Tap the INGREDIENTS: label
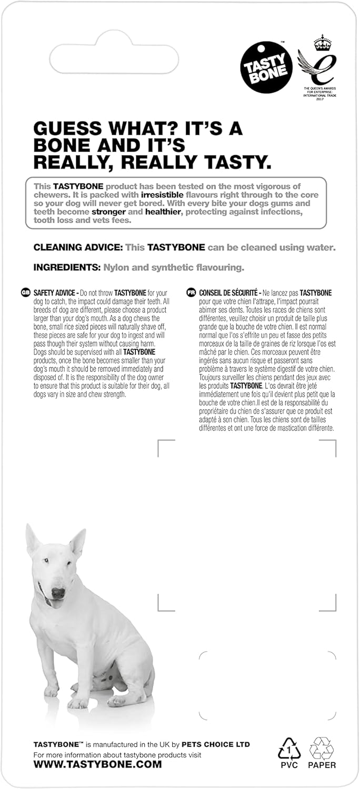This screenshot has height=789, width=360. [x=66, y=267]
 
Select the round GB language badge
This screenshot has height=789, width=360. [x=26, y=292]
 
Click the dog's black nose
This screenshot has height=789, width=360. [x=58, y=593]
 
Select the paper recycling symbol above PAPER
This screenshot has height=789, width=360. [x=322, y=747]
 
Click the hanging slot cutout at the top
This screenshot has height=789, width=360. [x=114, y=60]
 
